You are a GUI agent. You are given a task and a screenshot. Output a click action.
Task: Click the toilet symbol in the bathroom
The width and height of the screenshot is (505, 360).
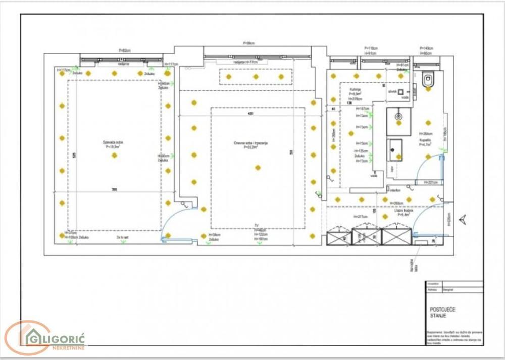pyautogui.click(x=428, y=79)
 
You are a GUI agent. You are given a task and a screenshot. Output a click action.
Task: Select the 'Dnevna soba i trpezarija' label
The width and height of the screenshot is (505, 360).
pyautogui.click(x=250, y=145)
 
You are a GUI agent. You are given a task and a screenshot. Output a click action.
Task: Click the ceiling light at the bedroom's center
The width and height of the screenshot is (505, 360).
pyautogui.click(x=114, y=155)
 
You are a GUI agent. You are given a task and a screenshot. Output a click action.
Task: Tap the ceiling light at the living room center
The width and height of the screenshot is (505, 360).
pyautogui.click(x=258, y=167)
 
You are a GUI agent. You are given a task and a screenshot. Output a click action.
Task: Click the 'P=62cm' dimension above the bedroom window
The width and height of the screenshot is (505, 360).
pyautogui.click(x=124, y=50)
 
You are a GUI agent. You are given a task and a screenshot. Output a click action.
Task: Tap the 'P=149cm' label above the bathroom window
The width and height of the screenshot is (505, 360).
pyautogui.click(x=427, y=48)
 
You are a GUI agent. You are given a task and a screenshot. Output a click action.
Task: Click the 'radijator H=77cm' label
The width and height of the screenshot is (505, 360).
pyautogui.click(x=245, y=62)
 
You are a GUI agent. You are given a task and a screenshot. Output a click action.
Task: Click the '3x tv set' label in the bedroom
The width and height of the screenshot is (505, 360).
pyautogui.click(x=123, y=237)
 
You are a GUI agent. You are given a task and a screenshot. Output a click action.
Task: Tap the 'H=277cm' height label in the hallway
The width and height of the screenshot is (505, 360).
pyautogui.click(x=360, y=217)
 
